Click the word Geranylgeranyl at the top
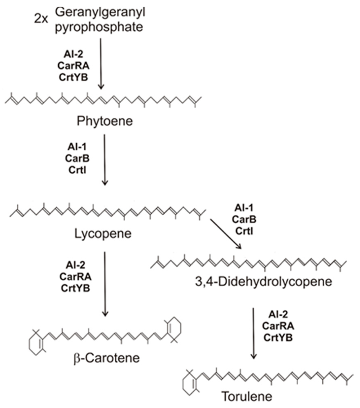click(x=100, y=13)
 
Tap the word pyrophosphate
click(x=99, y=28)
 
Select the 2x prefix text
click(x=42, y=20)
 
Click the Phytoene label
click(x=105, y=121)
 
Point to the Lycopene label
click(x=103, y=233)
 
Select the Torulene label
click(x=247, y=397)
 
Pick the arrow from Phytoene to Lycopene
click(x=105, y=160)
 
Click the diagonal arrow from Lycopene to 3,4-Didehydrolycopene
click(x=226, y=233)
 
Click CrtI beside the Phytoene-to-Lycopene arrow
click(x=77, y=170)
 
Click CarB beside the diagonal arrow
click(x=244, y=219)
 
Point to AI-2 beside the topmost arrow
click(x=73, y=54)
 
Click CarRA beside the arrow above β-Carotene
click(x=76, y=277)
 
